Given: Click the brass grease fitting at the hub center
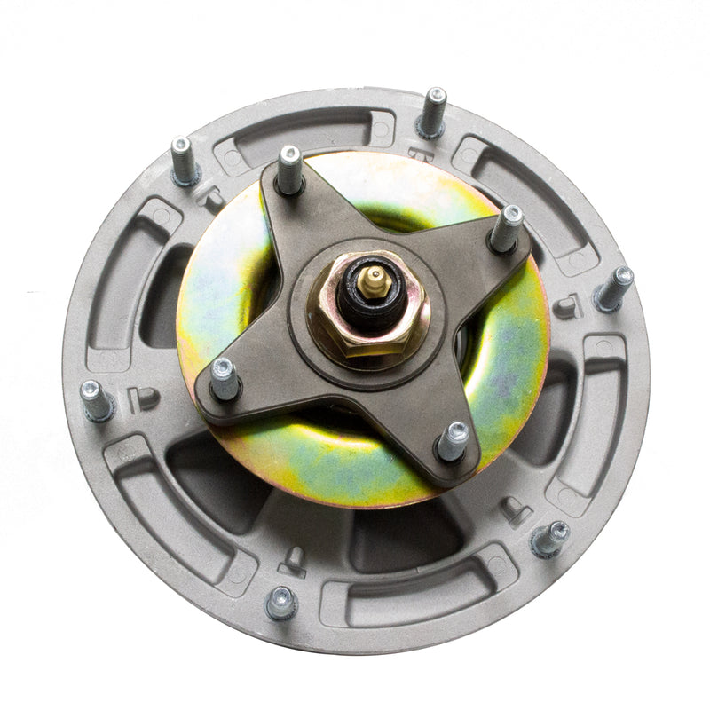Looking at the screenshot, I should [375, 280].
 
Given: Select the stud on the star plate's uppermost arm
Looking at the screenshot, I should [290, 169].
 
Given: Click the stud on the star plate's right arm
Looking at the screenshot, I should [507, 228].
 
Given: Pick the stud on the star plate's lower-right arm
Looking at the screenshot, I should [454, 440].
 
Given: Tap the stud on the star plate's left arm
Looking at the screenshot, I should [225, 379].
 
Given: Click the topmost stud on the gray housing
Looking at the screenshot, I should [432, 112].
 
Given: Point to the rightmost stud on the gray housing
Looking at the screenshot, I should [614, 289].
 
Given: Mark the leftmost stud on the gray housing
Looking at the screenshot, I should [95, 401].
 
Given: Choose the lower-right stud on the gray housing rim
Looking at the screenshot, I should [550, 538].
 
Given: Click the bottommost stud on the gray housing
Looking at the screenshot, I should [281, 603].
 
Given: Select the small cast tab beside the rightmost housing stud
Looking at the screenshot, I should [565, 307].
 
